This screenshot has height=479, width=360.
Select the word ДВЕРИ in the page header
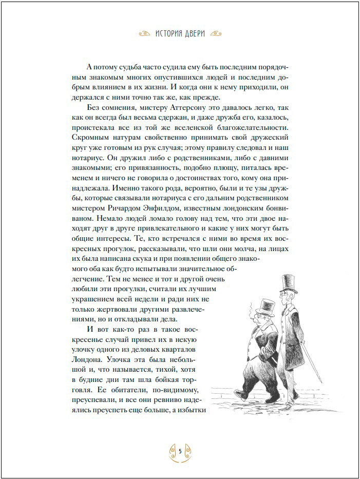tap(201, 34)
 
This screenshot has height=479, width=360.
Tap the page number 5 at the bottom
tap(180, 451)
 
